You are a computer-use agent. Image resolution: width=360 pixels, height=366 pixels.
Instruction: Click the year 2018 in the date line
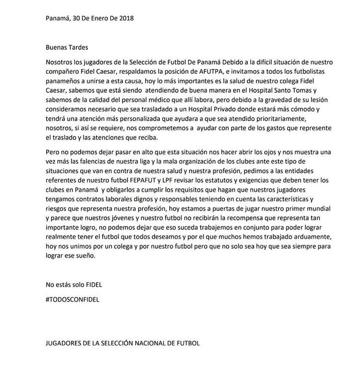click(126, 19)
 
